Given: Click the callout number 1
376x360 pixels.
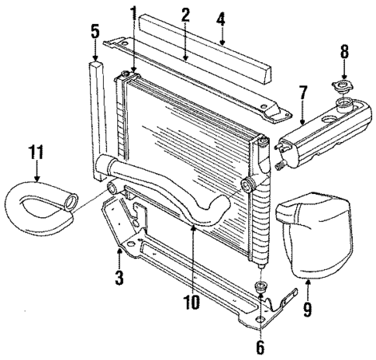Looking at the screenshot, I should coord(133,13).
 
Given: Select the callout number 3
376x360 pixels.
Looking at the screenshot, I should coord(119,277).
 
